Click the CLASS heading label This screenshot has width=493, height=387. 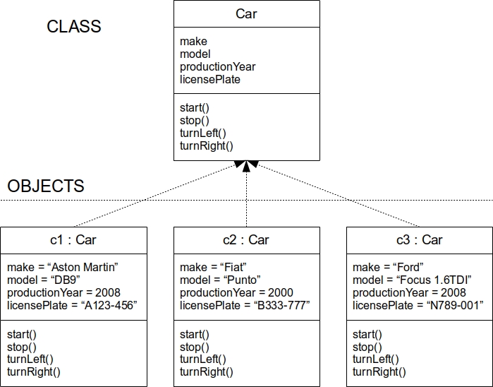[74, 27]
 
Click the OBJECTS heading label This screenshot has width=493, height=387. [46, 186]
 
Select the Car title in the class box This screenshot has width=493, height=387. [246, 13]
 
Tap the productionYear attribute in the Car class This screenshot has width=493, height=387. [217, 67]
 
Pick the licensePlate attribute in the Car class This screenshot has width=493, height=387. [209, 80]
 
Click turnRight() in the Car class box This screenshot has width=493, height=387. [206, 146]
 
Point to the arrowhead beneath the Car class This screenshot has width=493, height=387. [246, 166]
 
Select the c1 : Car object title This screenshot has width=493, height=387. [73, 240]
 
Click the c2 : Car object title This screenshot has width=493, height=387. [246, 240]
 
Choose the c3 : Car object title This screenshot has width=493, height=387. [419, 240]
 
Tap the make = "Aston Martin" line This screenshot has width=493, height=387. [62, 267]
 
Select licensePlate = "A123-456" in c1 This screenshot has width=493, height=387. [72, 305]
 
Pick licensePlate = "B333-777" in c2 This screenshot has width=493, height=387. [245, 305]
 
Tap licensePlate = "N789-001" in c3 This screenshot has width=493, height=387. [418, 305]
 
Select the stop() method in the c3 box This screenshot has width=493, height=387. [367, 347]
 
